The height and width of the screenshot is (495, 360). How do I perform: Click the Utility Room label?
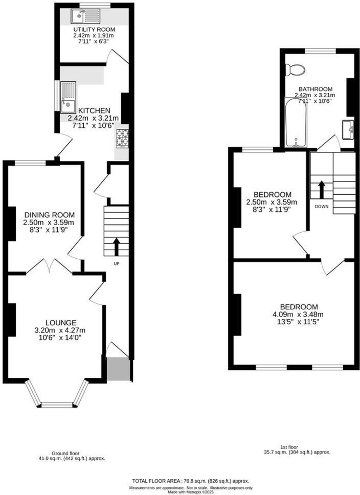(x=94, y=30)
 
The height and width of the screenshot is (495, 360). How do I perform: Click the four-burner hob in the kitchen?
(x=123, y=138)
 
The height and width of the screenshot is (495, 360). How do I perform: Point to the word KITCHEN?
(x=94, y=111)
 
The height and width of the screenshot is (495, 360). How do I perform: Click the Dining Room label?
(x=49, y=214)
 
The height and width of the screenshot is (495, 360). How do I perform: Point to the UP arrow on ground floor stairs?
(x=116, y=246)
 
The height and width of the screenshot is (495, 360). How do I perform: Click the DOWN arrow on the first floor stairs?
(x=321, y=190)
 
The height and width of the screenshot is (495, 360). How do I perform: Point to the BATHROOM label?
(x=315, y=89)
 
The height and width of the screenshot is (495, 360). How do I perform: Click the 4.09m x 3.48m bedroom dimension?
(x=299, y=314)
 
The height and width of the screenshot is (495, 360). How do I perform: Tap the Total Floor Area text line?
(x=191, y=481)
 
